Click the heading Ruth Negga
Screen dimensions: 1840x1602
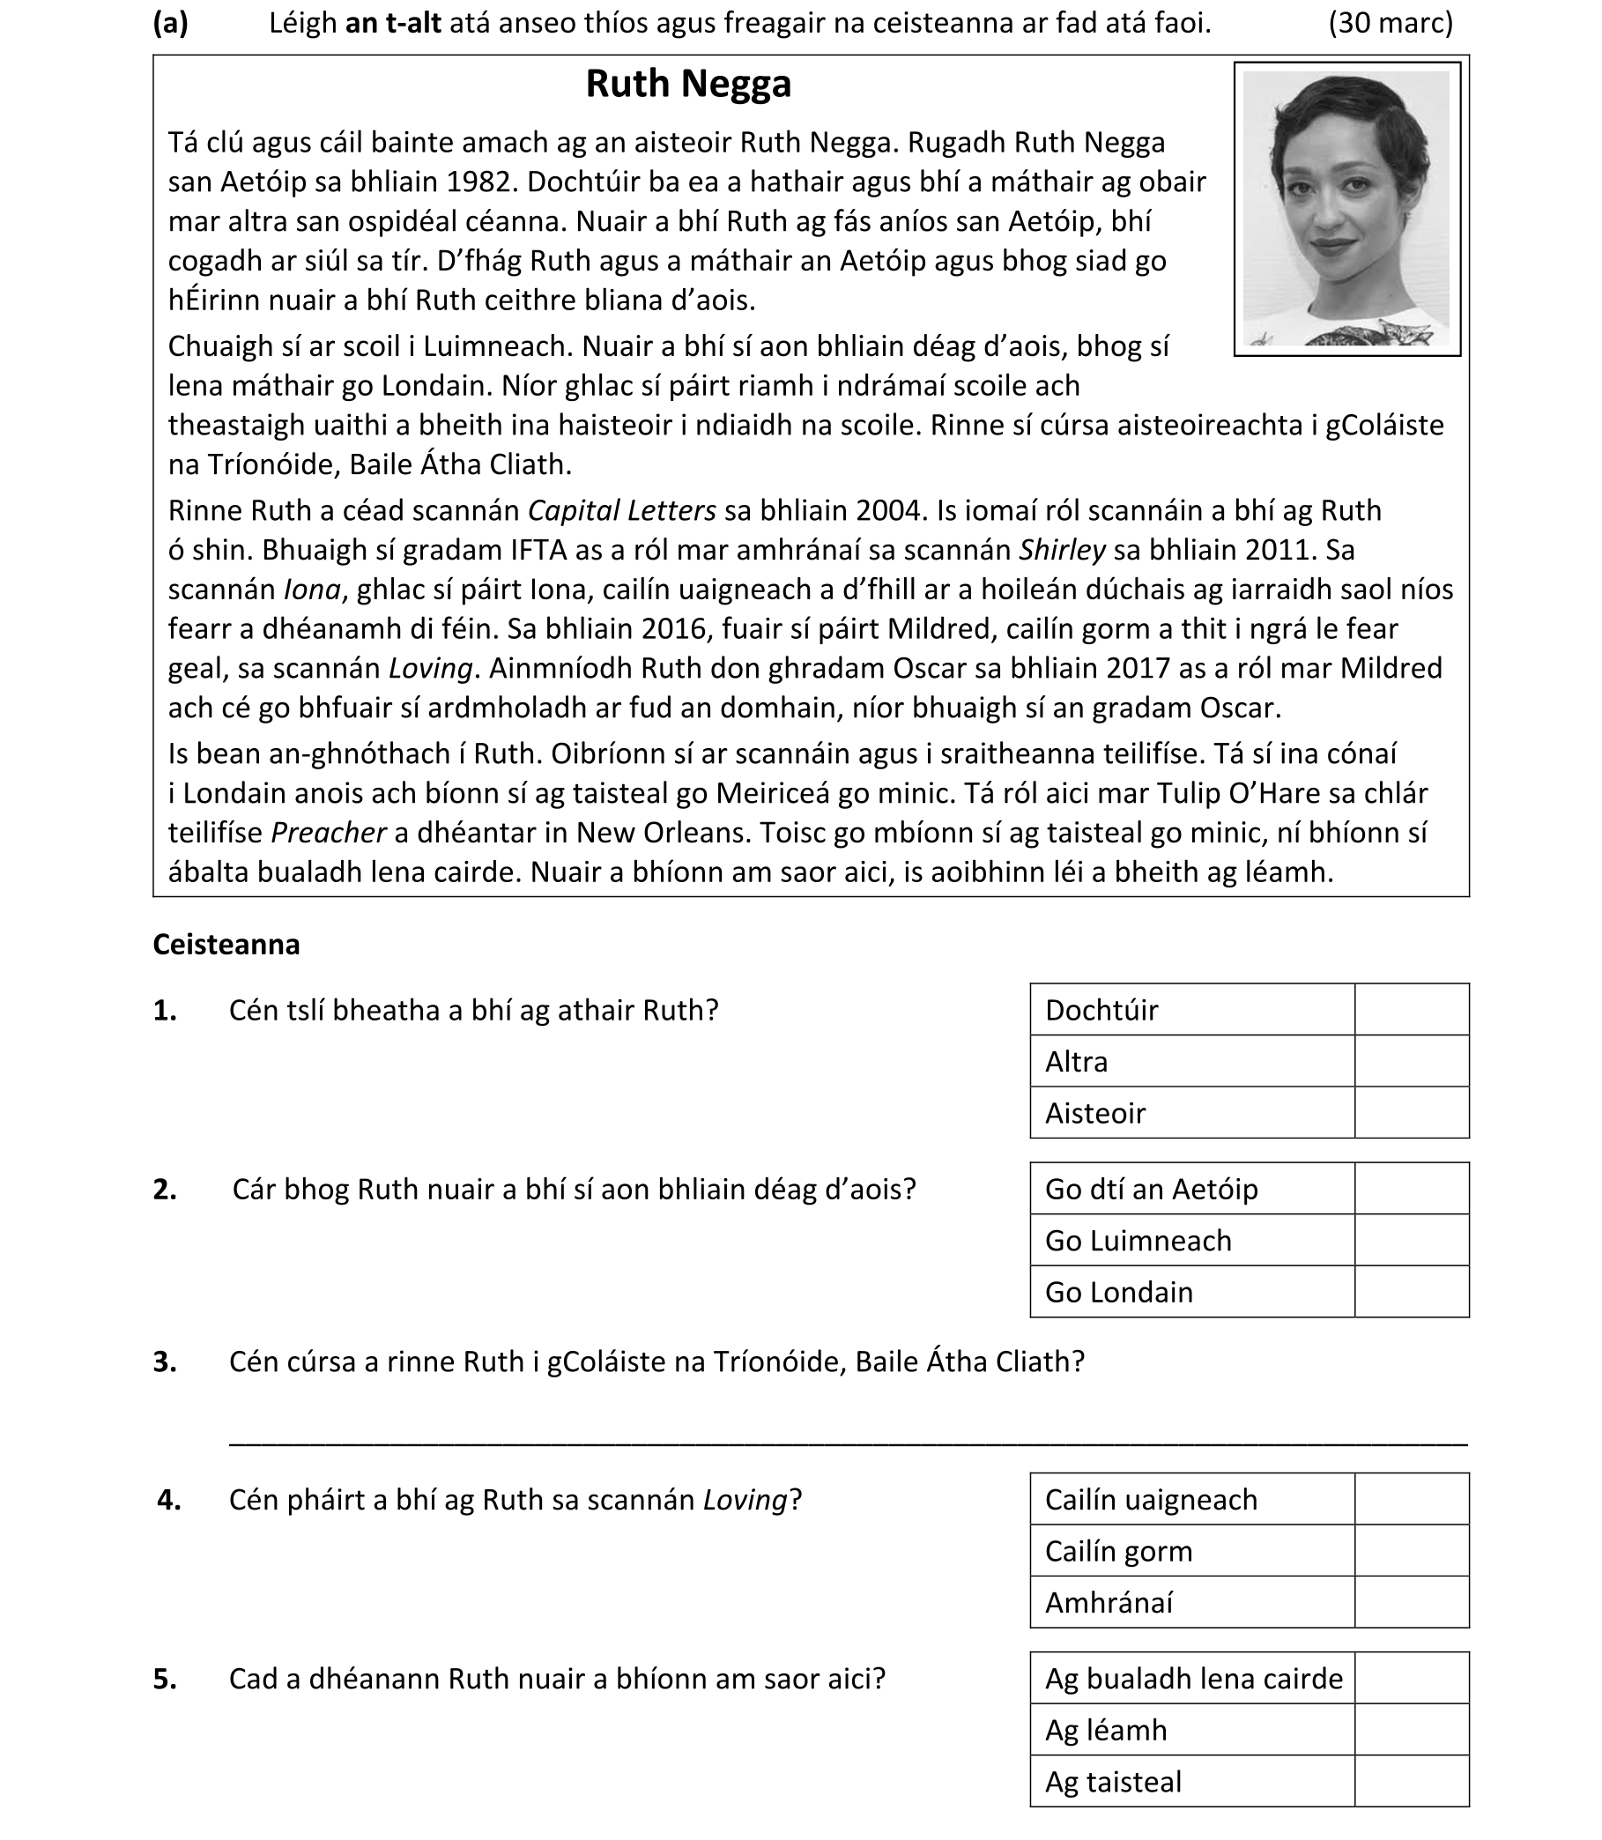click(x=687, y=84)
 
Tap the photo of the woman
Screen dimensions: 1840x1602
click(x=1346, y=208)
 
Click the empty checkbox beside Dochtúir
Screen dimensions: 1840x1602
click(x=1411, y=1009)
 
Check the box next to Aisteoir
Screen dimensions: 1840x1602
click(x=1411, y=1113)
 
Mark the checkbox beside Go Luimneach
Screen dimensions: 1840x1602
click(x=1411, y=1241)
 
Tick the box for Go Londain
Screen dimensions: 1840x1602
click(x=1411, y=1293)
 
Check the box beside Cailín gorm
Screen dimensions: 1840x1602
click(x=1411, y=1551)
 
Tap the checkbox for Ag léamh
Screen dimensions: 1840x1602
click(x=1411, y=1731)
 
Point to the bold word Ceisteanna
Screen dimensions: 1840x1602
click(x=226, y=945)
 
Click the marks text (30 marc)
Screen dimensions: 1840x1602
click(x=1391, y=23)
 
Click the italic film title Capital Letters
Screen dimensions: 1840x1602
click(x=621, y=510)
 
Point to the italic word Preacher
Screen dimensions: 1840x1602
click(x=328, y=834)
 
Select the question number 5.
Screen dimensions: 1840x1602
click(x=166, y=1679)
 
